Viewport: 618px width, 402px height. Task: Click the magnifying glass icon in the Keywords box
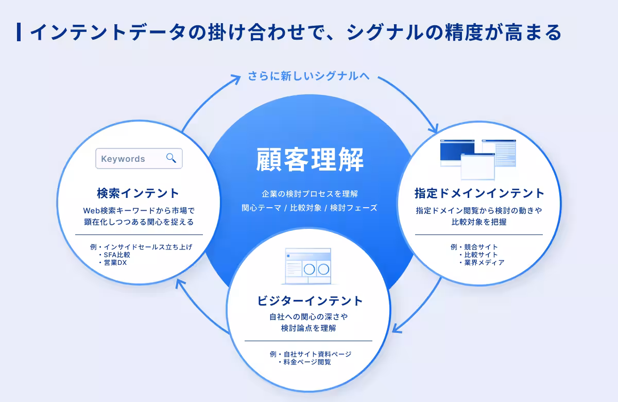tap(171, 158)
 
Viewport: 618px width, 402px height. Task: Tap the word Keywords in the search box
tap(123, 159)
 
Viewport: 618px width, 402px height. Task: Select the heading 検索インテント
tap(138, 193)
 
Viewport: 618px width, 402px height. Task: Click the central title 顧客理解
tap(310, 160)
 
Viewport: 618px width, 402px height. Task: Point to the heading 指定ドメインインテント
tap(479, 193)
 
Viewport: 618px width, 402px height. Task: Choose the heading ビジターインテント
tap(310, 300)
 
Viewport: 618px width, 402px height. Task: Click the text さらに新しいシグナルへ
tap(308, 76)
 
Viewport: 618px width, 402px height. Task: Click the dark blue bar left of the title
tap(19, 32)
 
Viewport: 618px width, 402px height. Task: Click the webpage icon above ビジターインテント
tap(308, 266)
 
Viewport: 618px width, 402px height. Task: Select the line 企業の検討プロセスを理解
tap(310, 194)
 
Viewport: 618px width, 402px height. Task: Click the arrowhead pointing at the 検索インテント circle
tap(179, 283)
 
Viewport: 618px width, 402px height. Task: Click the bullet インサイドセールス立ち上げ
tap(148, 247)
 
